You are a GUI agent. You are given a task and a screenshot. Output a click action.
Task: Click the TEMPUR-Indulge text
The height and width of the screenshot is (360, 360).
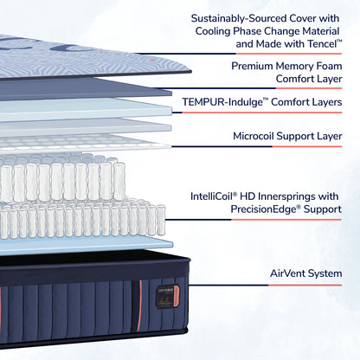point(223,101)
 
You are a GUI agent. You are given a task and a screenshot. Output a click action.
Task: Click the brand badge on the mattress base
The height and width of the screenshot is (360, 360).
point(164,297)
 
